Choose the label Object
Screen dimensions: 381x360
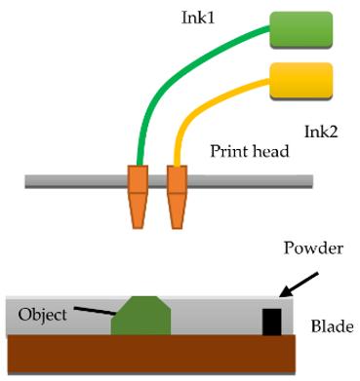[x=43, y=314]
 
